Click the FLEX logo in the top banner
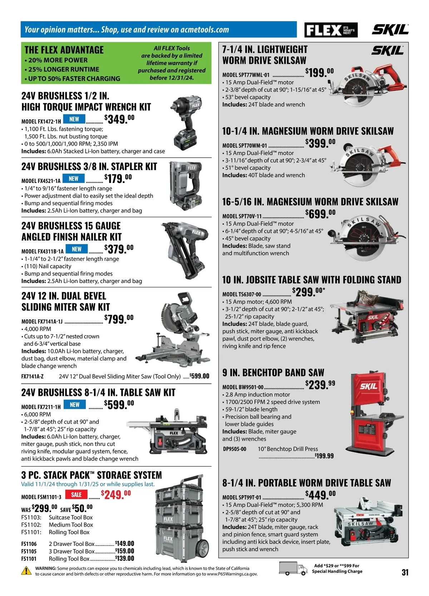(x=331, y=30)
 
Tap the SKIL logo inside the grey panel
(x=387, y=50)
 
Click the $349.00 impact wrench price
(x=119, y=119)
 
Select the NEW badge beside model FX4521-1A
(x=73, y=178)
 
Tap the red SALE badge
(x=76, y=495)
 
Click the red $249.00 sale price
(x=116, y=495)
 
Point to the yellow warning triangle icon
(x=26, y=571)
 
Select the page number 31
(x=405, y=572)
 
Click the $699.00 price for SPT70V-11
(x=320, y=214)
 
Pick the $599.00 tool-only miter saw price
(x=199, y=376)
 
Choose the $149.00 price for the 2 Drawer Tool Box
(x=124, y=543)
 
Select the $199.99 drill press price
(x=324, y=456)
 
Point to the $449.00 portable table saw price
(x=320, y=495)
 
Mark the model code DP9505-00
(x=235, y=449)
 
